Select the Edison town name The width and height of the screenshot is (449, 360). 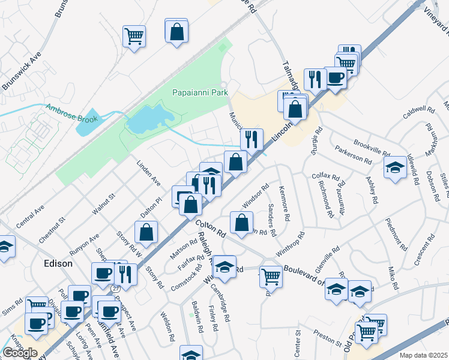pyautogui.click(x=58, y=263)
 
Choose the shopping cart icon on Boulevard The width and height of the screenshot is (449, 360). pyautogui.click(x=271, y=277)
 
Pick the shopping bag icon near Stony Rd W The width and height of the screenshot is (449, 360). pyautogui.click(x=146, y=232)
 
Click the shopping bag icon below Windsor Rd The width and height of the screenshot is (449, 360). pyautogui.click(x=241, y=223)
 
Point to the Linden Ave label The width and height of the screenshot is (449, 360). pyautogui.click(x=149, y=173)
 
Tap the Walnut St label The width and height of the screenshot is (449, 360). pyautogui.click(x=103, y=203)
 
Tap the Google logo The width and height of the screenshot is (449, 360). pyautogui.click(x=20, y=352)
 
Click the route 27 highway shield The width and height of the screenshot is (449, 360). pyautogui.click(x=114, y=288)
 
